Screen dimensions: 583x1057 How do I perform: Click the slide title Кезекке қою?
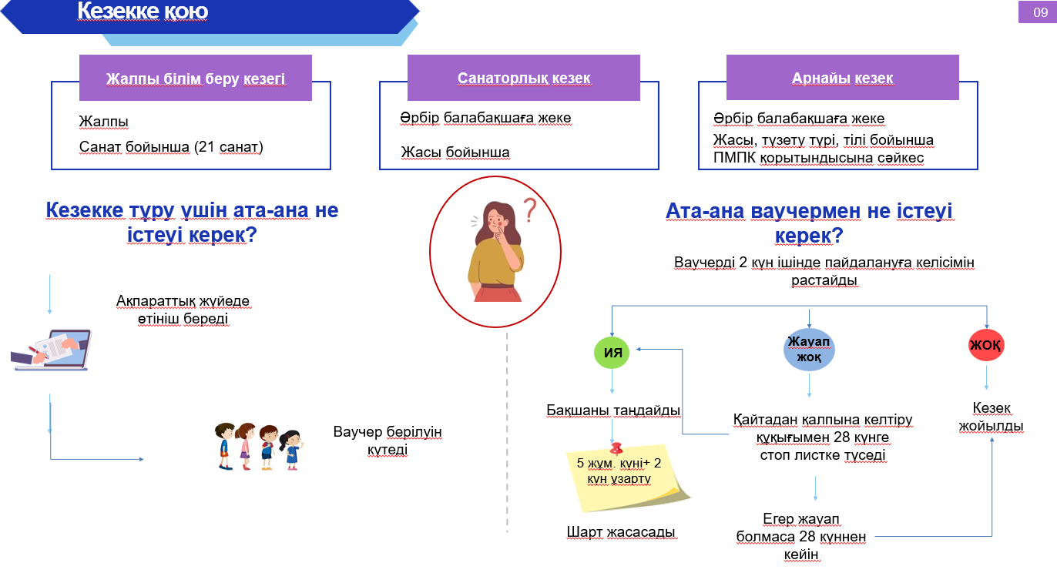(x=143, y=12)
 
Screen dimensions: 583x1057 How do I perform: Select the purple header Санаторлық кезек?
(x=524, y=78)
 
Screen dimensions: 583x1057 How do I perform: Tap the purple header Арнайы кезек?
(x=842, y=78)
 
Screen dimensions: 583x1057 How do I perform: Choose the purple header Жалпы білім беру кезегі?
(x=196, y=79)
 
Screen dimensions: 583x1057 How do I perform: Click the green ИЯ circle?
(x=612, y=353)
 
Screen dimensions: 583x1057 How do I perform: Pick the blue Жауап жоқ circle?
(x=809, y=350)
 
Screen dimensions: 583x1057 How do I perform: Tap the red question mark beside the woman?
(x=529, y=209)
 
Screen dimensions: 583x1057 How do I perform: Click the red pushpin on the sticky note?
(x=616, y=447)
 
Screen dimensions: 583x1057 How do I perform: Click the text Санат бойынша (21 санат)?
(x=171, y=146)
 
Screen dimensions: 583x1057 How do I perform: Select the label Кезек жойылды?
(x=991, y=417)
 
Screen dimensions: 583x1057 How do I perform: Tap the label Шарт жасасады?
(x=621, y=532)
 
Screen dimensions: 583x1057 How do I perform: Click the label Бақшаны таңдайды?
(x=613, y=410)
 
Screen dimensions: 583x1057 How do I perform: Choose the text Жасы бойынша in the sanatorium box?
(x=455, y=152)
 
